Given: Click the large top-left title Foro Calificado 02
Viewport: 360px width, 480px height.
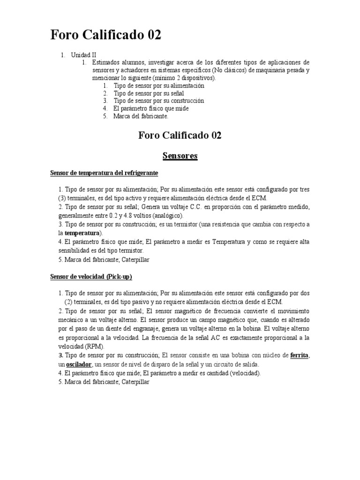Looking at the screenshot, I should [105, 36].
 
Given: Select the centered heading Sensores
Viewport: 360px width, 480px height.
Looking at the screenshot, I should [180, 156].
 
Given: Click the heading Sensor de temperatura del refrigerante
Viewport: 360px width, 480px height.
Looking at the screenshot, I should [104, 173].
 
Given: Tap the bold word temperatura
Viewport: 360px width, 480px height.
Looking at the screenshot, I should [82, 232].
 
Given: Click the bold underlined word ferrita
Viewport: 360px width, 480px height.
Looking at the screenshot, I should [300, 355].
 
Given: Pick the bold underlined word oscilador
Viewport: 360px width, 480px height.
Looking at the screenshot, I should [78, 364].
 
